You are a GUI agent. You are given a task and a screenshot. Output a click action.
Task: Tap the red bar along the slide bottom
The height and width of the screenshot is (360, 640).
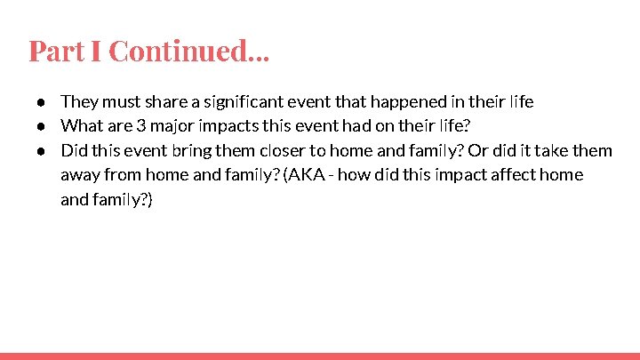click(x=320, y=356)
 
